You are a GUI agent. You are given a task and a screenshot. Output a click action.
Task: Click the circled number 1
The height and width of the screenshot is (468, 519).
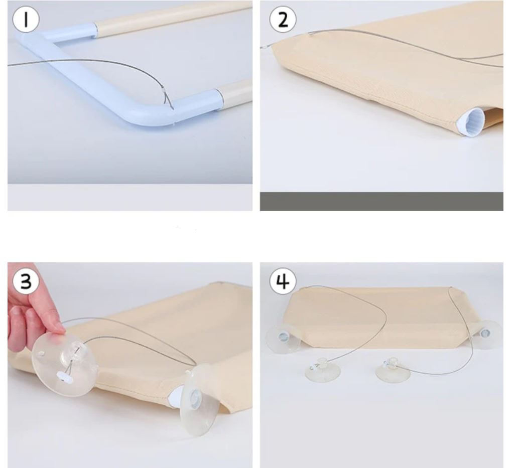pyautogui.click(x=26, y=20)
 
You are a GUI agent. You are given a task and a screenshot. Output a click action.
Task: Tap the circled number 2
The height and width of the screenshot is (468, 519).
pyautogui.click(x=283, y=20)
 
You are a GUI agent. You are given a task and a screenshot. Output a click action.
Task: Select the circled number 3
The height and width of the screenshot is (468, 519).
pyautogui.click(x=26, y=281)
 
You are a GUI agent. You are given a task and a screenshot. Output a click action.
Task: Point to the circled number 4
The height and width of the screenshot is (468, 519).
pyautogui.click(x=283, y=281)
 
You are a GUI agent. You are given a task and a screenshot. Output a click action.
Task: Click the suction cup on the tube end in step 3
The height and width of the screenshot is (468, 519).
pyautogui.click(x=199, y=400)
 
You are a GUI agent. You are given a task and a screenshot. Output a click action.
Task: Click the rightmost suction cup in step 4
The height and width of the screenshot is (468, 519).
pyautogui.click(x=486, y=334)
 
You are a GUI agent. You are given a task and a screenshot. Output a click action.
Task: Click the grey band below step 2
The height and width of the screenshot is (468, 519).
pyautogui.click(x=381, y=201)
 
